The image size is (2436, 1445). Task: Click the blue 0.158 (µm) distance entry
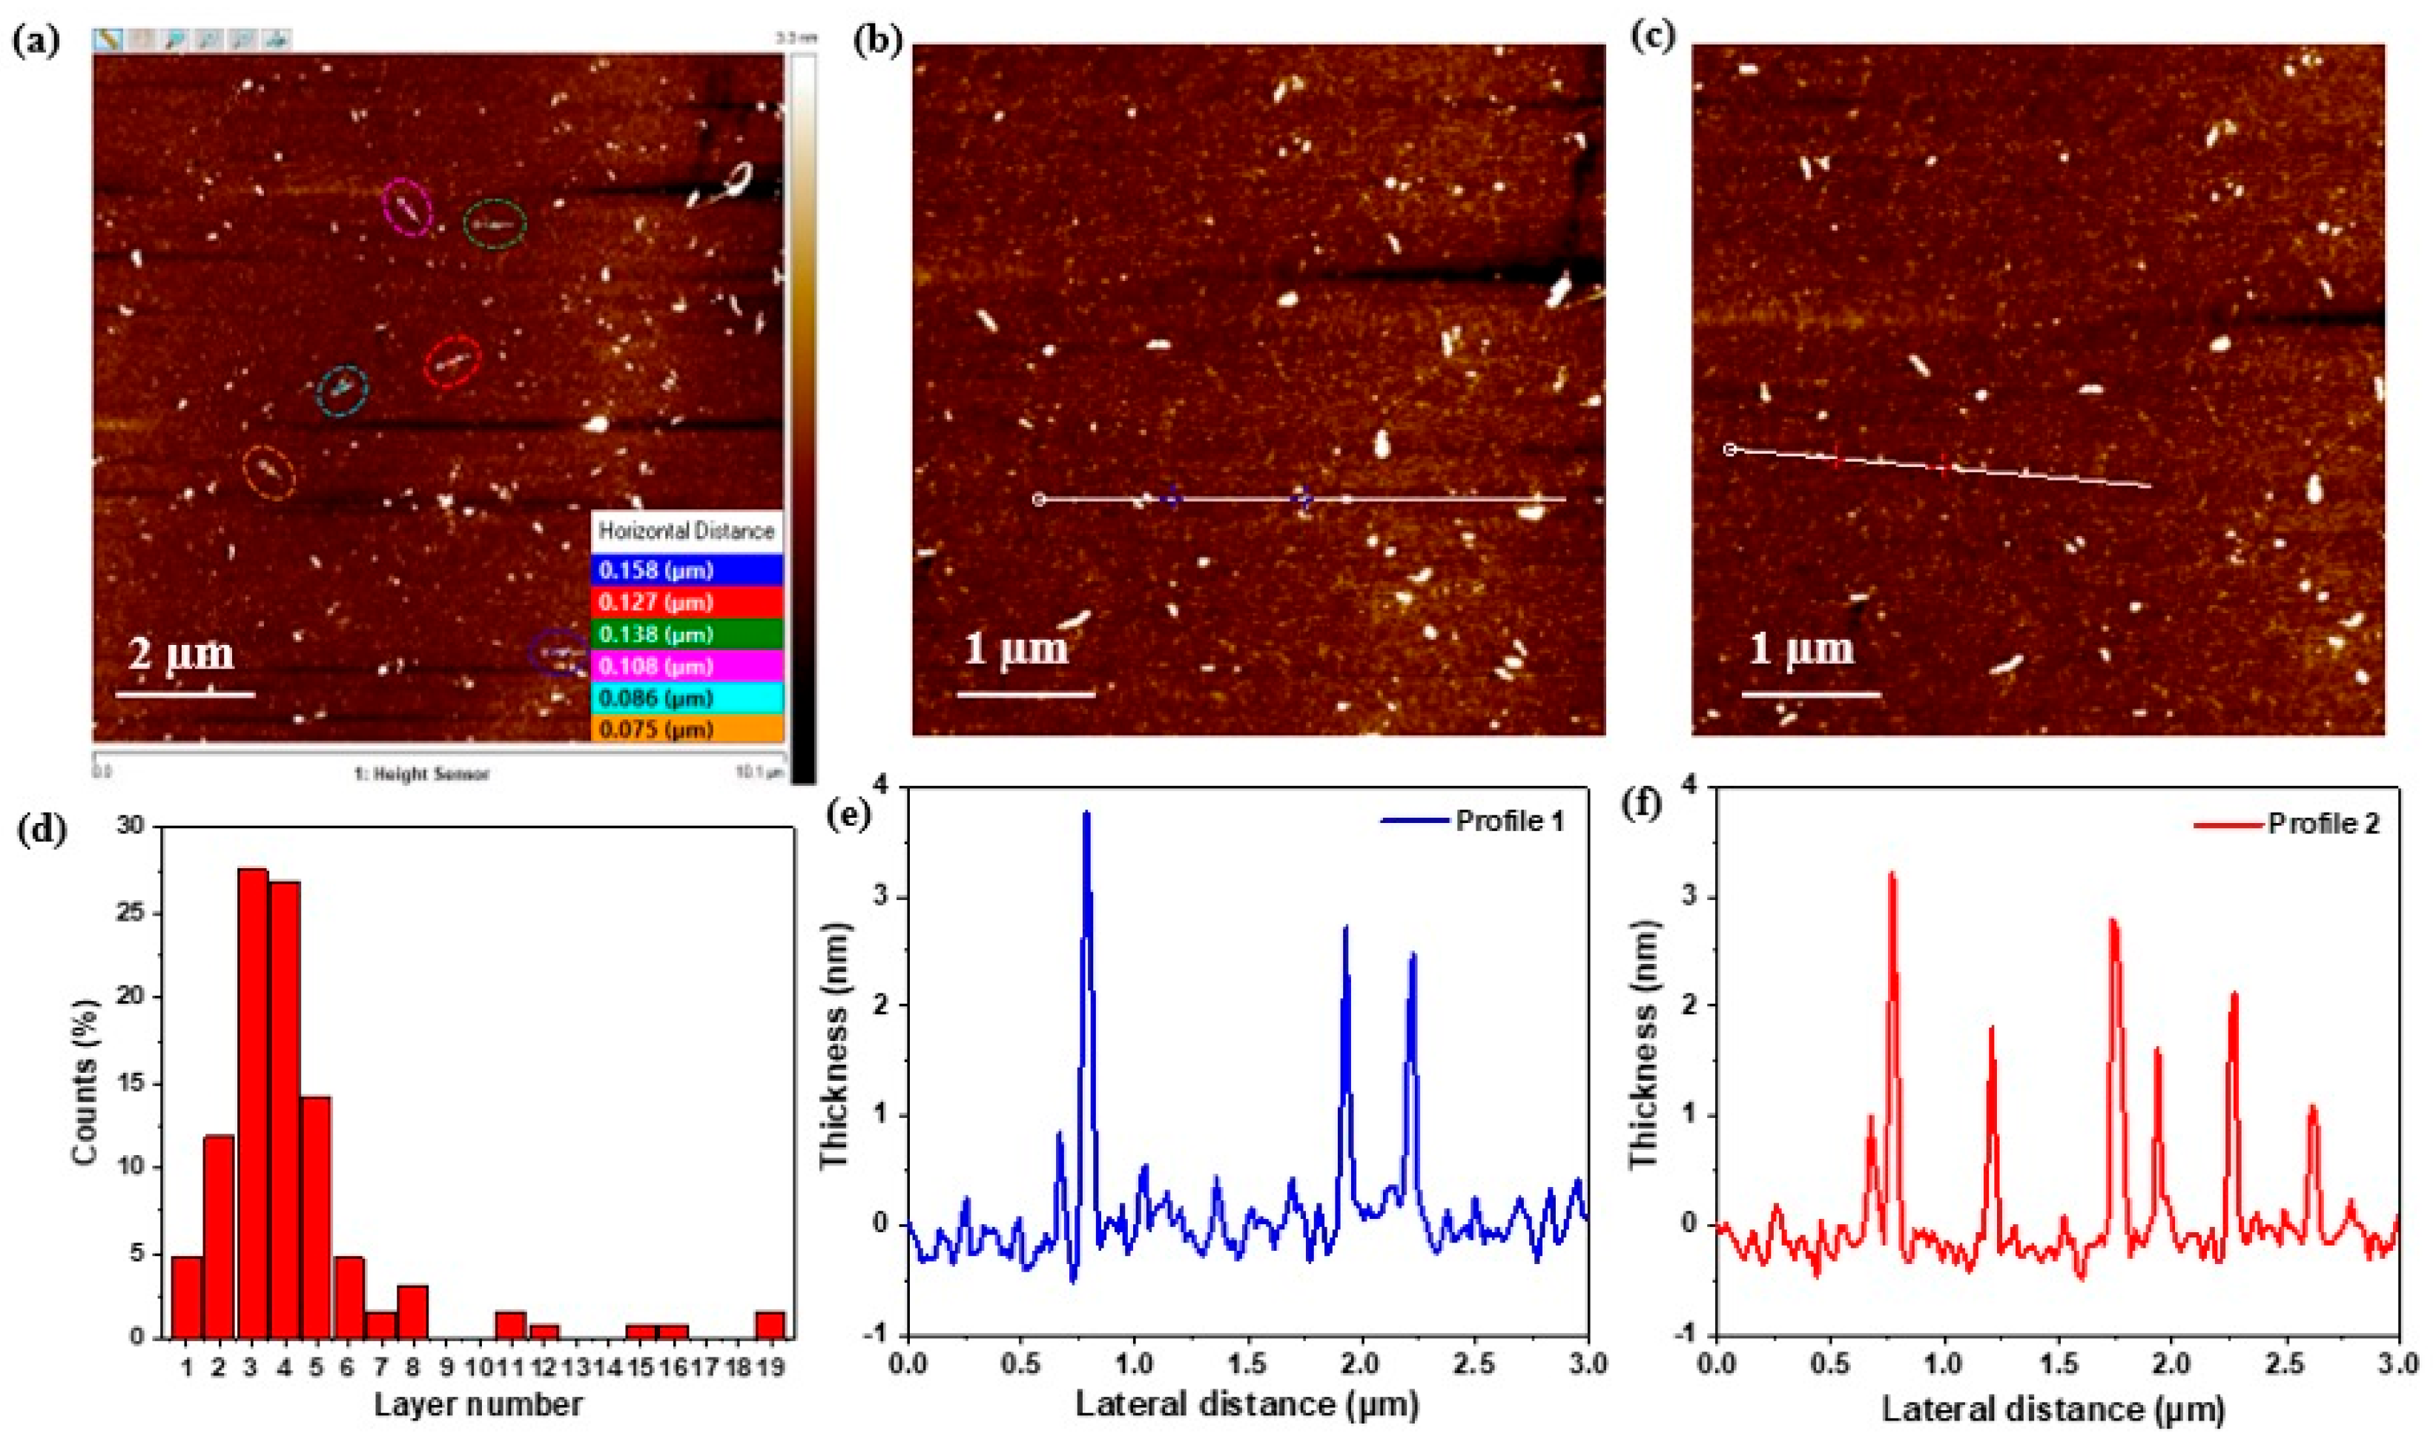(687, 569)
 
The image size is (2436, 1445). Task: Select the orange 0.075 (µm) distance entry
(687, 730)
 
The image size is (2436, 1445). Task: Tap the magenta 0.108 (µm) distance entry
(687, 666)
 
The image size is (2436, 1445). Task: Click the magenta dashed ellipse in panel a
(407, 206)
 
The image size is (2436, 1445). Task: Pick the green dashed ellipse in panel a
(494, 225)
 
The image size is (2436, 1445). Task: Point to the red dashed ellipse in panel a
(453, 363)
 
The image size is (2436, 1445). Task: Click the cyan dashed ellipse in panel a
(343, 391)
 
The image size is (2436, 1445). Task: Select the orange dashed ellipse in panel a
(268, 473)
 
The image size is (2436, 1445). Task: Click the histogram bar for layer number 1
(187, 1296)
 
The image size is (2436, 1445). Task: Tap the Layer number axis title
(479, 1403)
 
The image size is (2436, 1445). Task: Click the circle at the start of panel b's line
(1039, 500)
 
